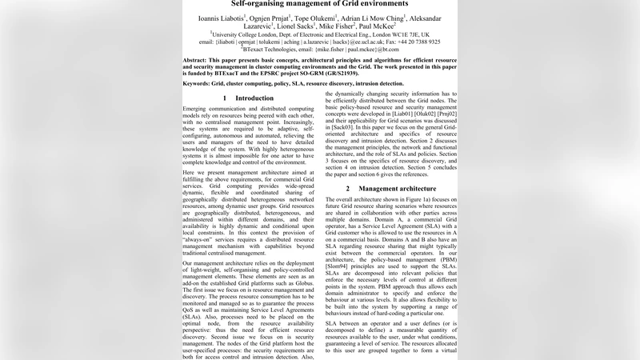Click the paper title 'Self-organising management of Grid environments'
coord(319,4)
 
